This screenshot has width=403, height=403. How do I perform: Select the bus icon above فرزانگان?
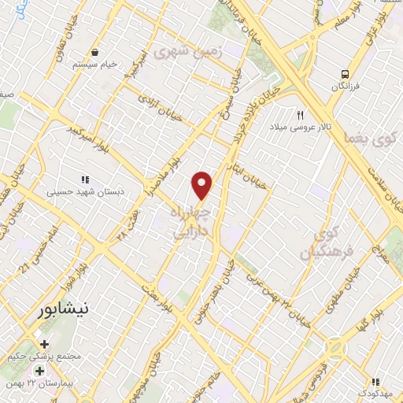pyautogui.click(x=343, y=73)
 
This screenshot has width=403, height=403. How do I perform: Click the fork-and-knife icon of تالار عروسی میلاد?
pyautogui.click(x=299, y=115)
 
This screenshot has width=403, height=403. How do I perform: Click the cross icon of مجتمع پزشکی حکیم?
pyautogui.click(x=45, y=344)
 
